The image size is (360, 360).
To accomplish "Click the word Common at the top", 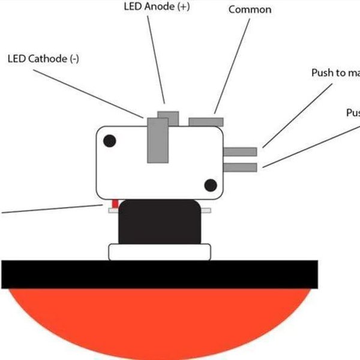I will (250, 10).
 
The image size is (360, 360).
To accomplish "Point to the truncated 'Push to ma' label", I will (335, 73).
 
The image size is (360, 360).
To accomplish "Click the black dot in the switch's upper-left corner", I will (110, 142).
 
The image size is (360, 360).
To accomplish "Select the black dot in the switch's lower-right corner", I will (210, 185).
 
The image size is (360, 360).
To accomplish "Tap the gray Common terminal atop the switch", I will (206, 122).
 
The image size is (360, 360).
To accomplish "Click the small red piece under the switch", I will (115, 204).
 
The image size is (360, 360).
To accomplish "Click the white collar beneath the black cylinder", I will (159, 252).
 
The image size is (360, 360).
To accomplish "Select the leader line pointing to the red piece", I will (48, 209).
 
